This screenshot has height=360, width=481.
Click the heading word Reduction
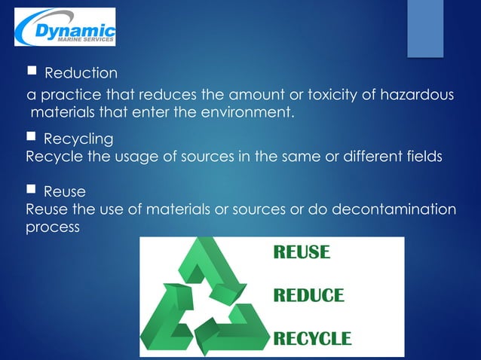click(x=81, y=74)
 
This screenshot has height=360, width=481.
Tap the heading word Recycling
click(x=78, y=139)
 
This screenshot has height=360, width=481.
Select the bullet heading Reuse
click(x=65, y=191)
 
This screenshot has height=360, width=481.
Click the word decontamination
click(x=398, y=209)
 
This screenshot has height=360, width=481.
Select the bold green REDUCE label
click(x=308, y=295)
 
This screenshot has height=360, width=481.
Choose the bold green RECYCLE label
click(x=311, y=337)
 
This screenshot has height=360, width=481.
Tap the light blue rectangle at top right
click(x=425, y=28)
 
